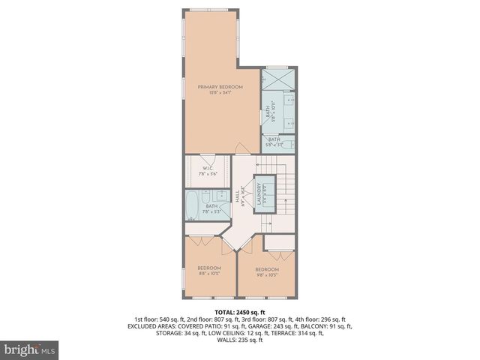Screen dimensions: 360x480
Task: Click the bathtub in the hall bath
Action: [193, 203]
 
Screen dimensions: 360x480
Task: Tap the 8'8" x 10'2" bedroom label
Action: [209, 271]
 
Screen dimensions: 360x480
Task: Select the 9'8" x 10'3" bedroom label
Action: [266, 272]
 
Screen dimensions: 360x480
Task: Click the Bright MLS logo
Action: [30, 349]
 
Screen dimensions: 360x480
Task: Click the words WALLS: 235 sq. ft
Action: [239, 340]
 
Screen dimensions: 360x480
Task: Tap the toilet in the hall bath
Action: [220, 197]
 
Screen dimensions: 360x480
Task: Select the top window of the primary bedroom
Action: [210, 10]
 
